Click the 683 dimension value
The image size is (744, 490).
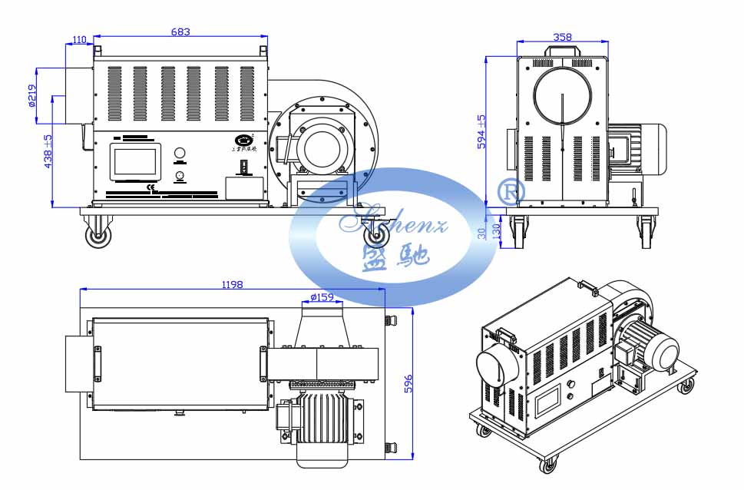coord(180,31)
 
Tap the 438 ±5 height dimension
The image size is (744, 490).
coord(47,151)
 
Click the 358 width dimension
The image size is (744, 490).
coord(562,37)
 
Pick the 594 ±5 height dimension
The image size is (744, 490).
coord(481,131)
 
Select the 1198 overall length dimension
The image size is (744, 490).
coord(232,284)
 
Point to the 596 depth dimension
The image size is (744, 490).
coord(408,384)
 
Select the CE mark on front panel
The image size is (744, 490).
coord(151,187)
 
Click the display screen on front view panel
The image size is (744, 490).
coord(134,161)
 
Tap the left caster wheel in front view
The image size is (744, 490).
coord(98,237)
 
